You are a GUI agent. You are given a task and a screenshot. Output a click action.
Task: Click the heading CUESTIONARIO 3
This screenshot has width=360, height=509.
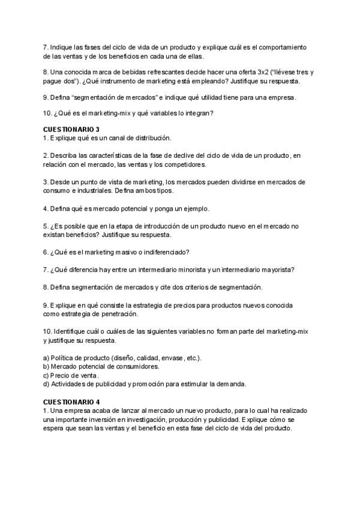[71, 129]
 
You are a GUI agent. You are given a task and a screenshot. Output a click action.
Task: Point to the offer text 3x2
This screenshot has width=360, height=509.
[263, 72]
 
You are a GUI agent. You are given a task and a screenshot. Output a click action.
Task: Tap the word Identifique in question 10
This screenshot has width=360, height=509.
[70, 331]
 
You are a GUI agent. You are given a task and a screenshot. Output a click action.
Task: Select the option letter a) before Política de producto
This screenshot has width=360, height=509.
[46, 358]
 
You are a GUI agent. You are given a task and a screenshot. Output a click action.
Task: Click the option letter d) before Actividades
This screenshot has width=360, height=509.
[46, 384]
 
